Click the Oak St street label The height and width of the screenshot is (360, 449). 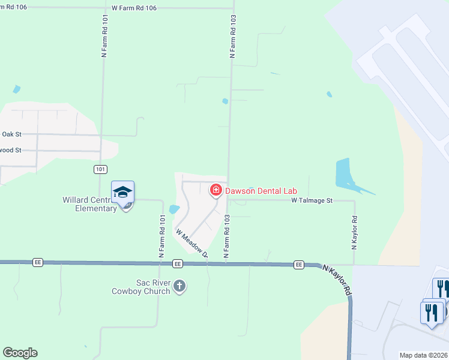click(11, 134)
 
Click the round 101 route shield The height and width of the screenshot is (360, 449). click(101, 170)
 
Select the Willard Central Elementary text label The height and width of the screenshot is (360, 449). click(89, 204)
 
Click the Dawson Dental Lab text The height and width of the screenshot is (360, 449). click(261, 191)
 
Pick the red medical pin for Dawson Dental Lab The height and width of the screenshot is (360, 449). click(215, 190)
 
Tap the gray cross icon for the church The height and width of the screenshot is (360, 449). click(179, 287)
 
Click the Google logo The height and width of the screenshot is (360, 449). click(20, 353)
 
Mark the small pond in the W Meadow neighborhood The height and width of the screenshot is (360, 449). click(174, 209)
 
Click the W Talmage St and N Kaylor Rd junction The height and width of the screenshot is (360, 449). click(354, 201)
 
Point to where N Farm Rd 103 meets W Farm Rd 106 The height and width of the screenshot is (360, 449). click(232, 8)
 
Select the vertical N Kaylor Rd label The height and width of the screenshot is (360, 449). click(354, 233)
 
